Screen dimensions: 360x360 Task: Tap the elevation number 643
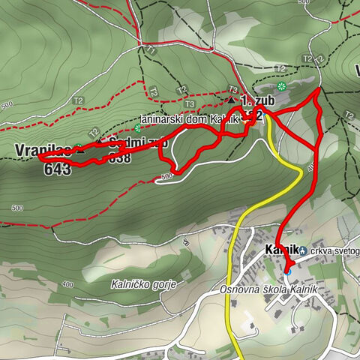point(57,169)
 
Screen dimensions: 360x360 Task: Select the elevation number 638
point(119,158)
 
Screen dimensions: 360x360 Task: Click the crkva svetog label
point(334,250)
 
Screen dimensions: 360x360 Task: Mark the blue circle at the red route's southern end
point(287,270)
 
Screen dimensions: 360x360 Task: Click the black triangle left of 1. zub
point(231,99)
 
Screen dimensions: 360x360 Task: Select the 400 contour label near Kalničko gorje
point(68,285)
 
